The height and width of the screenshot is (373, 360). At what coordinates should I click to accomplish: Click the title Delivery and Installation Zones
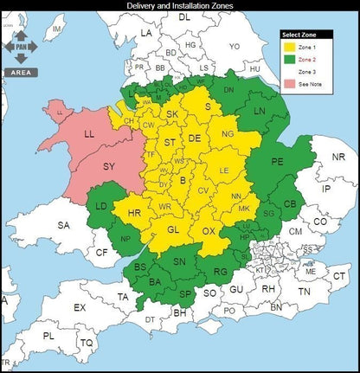(x=179, y=6)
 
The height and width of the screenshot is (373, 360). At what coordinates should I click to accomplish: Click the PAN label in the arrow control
(x=20, y=48)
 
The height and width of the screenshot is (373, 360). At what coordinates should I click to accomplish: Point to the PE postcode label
(x=278, y=162)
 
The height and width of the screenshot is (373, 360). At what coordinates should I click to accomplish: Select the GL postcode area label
(x=173, y=229)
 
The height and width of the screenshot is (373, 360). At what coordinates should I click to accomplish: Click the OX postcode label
(x=209, y=232)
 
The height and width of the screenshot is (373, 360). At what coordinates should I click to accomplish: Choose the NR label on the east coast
(x=338, y=158)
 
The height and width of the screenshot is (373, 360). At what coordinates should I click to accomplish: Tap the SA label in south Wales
(x=64, y=225)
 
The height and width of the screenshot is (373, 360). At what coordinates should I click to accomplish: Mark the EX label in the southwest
(x=80, y=308)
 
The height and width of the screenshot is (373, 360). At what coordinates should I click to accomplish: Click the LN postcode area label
(x=260, y=112)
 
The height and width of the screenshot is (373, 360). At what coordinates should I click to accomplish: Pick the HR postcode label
(x=134, y=213)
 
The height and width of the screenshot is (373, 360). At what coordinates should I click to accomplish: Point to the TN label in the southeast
(x=304, y=293)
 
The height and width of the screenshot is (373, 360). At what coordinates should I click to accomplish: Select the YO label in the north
(x=234, y=46)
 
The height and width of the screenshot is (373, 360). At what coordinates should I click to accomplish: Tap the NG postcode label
(x=228, y=135)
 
